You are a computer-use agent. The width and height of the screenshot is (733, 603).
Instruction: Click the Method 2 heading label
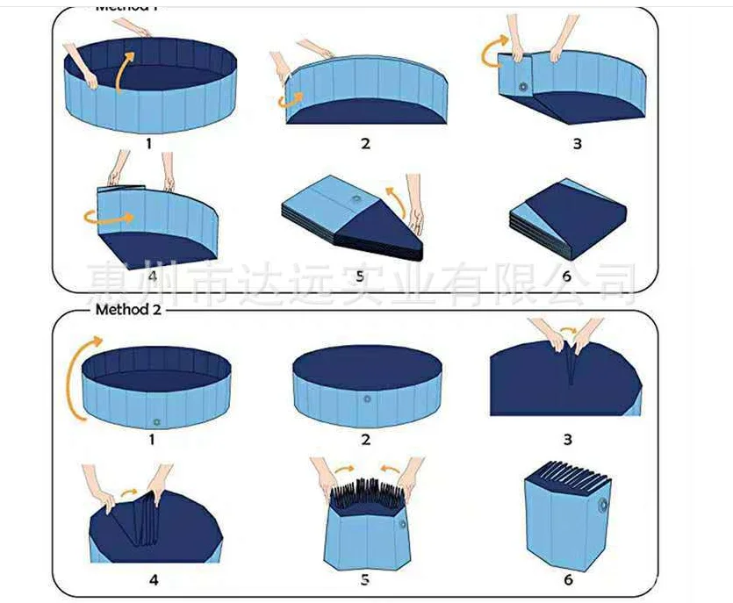coord(128,309)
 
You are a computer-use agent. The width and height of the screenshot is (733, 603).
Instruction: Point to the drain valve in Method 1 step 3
coord(524,88)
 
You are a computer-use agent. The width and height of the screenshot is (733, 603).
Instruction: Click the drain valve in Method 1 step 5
coord(355,201)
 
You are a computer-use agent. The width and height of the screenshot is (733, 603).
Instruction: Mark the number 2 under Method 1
coord(365,144)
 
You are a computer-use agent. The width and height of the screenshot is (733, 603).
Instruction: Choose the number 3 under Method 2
coord(568,440)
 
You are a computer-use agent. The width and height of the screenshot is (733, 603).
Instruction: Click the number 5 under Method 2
coord(364,580)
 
